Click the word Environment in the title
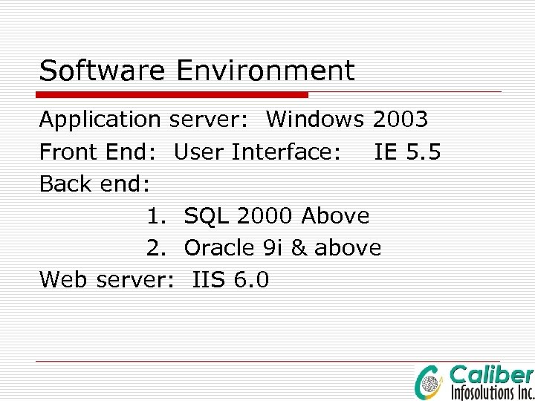pyautogui.click(x=265, y=71)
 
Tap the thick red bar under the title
pyautogui.click(x=173, y=95)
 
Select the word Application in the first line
pyautogui.click(x=100, y=120)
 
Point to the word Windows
pyautogui.click(x=315, y=119)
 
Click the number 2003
pyautogui.click(x=400, y=119)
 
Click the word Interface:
pyautogui.click(x=287, y=152)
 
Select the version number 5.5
pyautogui.click(x=424, y=152)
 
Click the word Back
pyautogui.click(x=62, y=183)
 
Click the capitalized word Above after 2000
pyautogui.click(x=335, y=216)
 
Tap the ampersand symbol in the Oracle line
pyautogui.click(x=299, y=247)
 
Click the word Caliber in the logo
pyautogui.click(x=492, y=375)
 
